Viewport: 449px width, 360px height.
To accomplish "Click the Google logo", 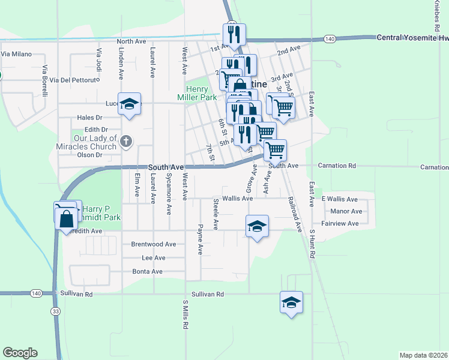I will point(20,353).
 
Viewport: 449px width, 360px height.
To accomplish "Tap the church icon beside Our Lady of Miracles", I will point(125,142).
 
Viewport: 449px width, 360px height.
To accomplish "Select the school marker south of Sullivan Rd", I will point(291,303).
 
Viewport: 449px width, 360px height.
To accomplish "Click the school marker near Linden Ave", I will point(129,104).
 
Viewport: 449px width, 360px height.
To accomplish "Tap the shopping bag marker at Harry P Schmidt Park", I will point(66,218).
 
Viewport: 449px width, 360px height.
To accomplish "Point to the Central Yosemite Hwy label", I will point(411,37).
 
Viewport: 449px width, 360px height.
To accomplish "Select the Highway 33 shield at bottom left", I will point(56,311).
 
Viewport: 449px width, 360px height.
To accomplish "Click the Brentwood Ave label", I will point(154,244).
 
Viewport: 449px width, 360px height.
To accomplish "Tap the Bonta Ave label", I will point(148,271).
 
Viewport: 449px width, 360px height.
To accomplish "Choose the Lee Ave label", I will point(153,257).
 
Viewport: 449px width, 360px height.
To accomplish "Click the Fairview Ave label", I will point(340,223).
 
